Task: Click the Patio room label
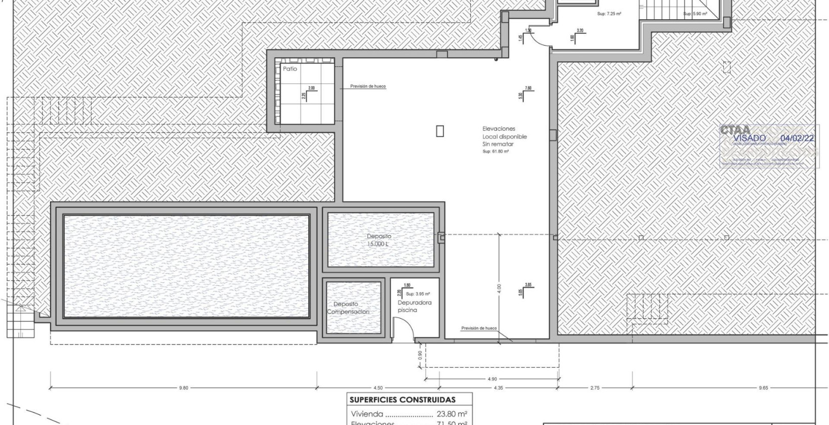[290, 69]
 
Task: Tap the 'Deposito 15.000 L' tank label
[379, 240]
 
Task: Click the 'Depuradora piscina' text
[414, 306]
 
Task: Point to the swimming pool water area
[186, 266]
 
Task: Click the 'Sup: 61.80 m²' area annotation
[495, 151]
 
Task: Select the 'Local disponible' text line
[504, 137]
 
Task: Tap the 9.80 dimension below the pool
[183, 388]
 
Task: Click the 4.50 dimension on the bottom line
[378, 388]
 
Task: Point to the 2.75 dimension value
[594, 388]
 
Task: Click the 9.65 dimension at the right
[763, 388]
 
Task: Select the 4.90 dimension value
[492, 379]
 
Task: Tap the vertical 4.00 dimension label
[499, 288]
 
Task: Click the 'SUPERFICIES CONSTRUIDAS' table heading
[402, 400]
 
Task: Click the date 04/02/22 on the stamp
[797, 138]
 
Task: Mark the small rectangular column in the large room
[440, 131]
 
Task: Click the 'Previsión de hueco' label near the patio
[368, 87]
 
